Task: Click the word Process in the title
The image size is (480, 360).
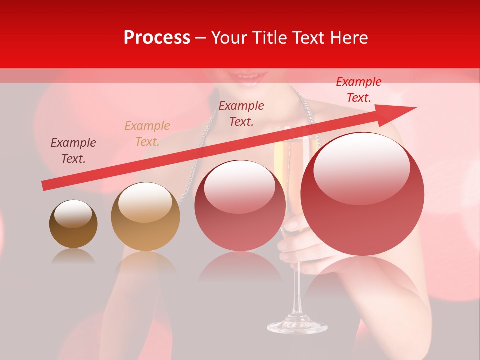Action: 157,38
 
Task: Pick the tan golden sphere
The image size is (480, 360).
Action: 145,217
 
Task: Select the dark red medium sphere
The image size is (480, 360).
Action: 240,205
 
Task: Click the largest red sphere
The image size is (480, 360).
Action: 362,194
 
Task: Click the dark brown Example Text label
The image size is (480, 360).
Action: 73,151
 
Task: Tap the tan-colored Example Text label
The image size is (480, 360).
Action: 147,134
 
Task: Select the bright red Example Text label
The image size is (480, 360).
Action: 358,90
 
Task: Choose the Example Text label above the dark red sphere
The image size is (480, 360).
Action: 241,113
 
